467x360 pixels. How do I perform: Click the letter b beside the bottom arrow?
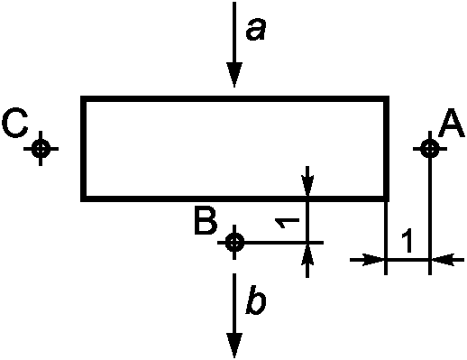click(x=256, y=303)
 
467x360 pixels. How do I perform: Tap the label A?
click(x=452, y=123)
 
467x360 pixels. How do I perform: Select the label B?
click(x=206, y=220)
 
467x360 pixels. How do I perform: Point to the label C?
click(x=15, y=123)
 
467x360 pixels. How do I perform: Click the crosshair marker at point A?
click(x=430, y=148)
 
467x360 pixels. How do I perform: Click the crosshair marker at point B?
click(x=234, y=242)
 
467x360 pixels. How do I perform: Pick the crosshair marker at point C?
click(x=41, y=148)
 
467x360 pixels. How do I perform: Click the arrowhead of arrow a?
click(x=234, y=75)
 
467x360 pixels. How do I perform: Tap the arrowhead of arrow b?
click(x=234, y=346)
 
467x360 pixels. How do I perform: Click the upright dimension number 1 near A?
click(x=407, y=240)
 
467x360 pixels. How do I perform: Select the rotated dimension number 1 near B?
click(x=288, y=223)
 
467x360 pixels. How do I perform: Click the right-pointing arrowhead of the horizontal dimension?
click(x=373, y=260)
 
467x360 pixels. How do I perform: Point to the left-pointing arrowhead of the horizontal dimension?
click(x=443, y=260)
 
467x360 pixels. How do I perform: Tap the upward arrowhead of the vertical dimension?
click(x=307, y=255)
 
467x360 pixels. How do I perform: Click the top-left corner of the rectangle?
click(x=84, y=98)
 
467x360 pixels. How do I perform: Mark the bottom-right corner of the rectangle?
click(x=387, y=198)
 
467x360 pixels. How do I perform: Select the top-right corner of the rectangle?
click(x=387, y=98)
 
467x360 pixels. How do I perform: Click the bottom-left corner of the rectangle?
click(x=84, y=198)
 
